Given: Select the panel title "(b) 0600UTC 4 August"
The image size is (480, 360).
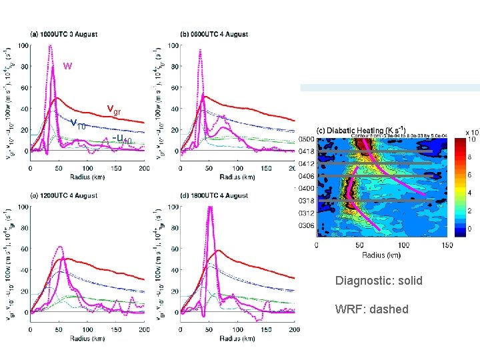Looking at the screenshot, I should [214, 35].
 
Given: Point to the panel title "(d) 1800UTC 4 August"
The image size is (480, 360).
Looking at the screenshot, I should [215, 195].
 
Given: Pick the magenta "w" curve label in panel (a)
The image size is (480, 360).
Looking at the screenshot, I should [67, 66].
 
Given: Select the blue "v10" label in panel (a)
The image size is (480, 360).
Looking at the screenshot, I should [78, 123].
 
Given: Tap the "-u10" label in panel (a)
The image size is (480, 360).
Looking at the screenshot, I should [123, 139].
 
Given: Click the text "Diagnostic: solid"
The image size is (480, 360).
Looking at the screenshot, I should [379, 281].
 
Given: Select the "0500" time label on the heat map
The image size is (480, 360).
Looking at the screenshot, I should [307, 139].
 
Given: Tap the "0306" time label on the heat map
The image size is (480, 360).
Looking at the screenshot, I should [307, 226].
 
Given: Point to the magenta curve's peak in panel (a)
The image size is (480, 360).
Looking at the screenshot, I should [50, 46].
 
